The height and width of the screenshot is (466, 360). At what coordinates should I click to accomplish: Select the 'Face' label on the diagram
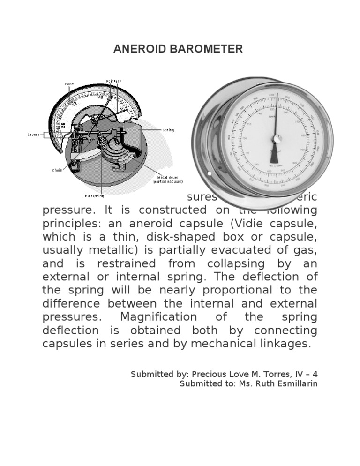(x=69, y=84)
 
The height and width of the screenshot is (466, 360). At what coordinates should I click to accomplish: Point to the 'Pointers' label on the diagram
(x=113, y=81)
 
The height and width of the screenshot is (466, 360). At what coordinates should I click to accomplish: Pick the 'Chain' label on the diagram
(x=57, y=170)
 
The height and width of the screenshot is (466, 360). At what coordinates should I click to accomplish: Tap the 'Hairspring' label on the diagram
(x=94, y=196)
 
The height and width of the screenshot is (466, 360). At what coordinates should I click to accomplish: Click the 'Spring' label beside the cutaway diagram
(x=167, y=130)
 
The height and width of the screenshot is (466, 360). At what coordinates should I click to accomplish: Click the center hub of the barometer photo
(x=277, y=139)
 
